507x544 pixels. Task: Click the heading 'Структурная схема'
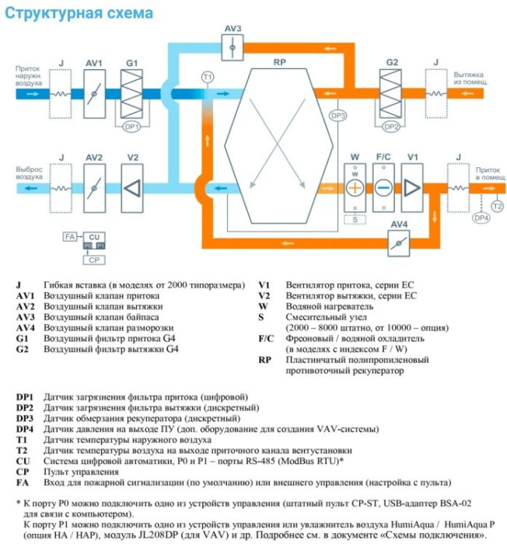77,12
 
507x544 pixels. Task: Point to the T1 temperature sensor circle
207,77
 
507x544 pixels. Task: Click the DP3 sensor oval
337,116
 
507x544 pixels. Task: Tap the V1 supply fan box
412,189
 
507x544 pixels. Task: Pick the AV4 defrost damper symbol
402,242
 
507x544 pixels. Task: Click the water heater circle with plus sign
355,189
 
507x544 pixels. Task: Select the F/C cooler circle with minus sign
383,189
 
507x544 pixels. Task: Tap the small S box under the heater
355,220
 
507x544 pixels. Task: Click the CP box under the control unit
93,260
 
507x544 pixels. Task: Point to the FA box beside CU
70,236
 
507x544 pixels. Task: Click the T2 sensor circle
498,204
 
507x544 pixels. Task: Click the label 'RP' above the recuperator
278,62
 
